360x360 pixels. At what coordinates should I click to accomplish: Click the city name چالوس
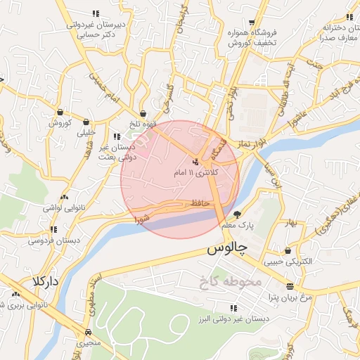[x=226, y=250]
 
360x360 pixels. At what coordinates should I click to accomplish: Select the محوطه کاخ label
[x=230, y=282]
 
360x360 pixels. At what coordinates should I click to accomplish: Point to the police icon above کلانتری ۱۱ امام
[x=195, y=162]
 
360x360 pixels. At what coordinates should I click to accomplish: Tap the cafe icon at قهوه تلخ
[x=143, y=113]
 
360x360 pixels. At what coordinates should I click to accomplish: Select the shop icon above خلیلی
[x=86, y=122]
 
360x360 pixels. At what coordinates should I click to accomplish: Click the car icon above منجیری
[x=88, y=332]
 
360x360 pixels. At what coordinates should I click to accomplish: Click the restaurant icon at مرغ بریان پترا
[x=290, y=285]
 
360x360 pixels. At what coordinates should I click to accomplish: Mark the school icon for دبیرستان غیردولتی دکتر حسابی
[x=96, y=13]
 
